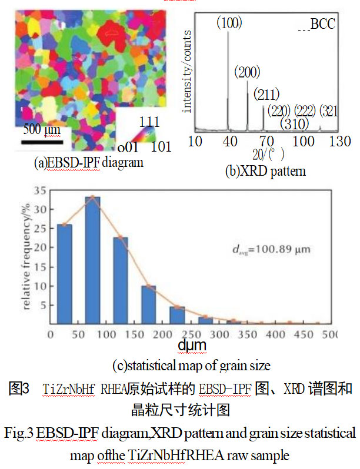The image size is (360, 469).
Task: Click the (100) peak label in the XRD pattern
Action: point(228,23)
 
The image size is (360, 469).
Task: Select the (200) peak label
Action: point(247,73)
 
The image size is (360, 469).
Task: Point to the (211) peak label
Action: point(266,94)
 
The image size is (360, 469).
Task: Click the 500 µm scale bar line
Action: point(42,141)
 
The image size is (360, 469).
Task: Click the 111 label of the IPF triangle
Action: point(149,122)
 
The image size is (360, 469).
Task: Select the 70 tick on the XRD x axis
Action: point(268,142)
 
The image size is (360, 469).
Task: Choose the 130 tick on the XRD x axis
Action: point(340,142)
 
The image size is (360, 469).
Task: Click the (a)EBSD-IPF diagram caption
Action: point(89,162)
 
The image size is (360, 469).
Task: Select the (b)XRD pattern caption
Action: point(266,172)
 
